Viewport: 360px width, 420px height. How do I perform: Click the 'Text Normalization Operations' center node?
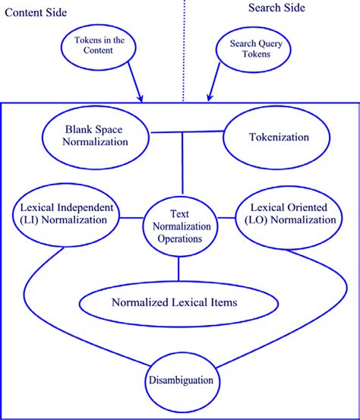(179, 226)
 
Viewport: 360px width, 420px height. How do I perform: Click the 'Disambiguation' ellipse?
(180, 381)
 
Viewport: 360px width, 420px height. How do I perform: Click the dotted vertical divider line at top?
(185, 46)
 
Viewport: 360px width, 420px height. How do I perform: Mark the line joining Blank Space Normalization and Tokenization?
(185, 133)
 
